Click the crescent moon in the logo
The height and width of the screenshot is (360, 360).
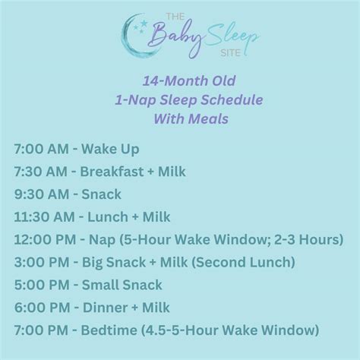tap(131, 35)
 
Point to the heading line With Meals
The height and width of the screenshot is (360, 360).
tap(179, 117)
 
